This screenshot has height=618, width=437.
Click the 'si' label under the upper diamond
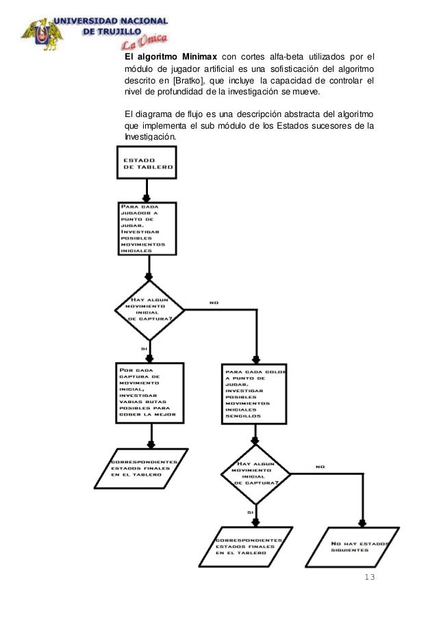click(x=143, y=348)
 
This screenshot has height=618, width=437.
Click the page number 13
click(x=370, y=578)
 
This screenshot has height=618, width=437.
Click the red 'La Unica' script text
click(x=144, y=42)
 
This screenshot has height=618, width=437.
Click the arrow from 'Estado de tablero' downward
click(x=145, y=189)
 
